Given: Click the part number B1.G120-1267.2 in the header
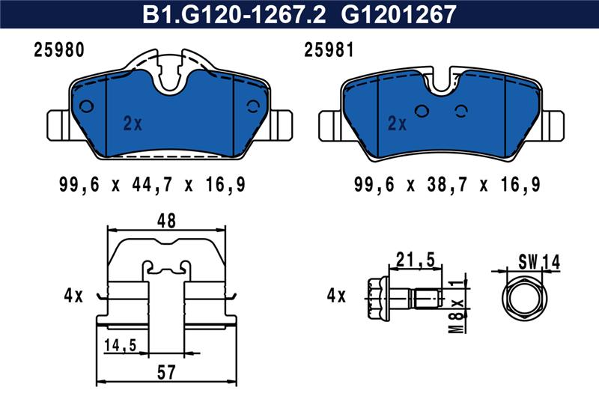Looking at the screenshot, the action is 234,14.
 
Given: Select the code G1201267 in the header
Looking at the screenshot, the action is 398,14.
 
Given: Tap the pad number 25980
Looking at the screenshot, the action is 59,50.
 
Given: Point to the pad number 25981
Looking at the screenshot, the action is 329,50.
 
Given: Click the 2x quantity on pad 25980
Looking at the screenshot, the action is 133,124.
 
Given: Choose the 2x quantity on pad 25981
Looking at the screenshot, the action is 398,124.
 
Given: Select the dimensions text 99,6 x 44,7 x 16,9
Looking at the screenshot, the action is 152,185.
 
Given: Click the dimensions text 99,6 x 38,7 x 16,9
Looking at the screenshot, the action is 447,185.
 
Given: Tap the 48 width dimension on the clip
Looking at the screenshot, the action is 166,221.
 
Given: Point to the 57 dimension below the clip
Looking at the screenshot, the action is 166,372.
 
